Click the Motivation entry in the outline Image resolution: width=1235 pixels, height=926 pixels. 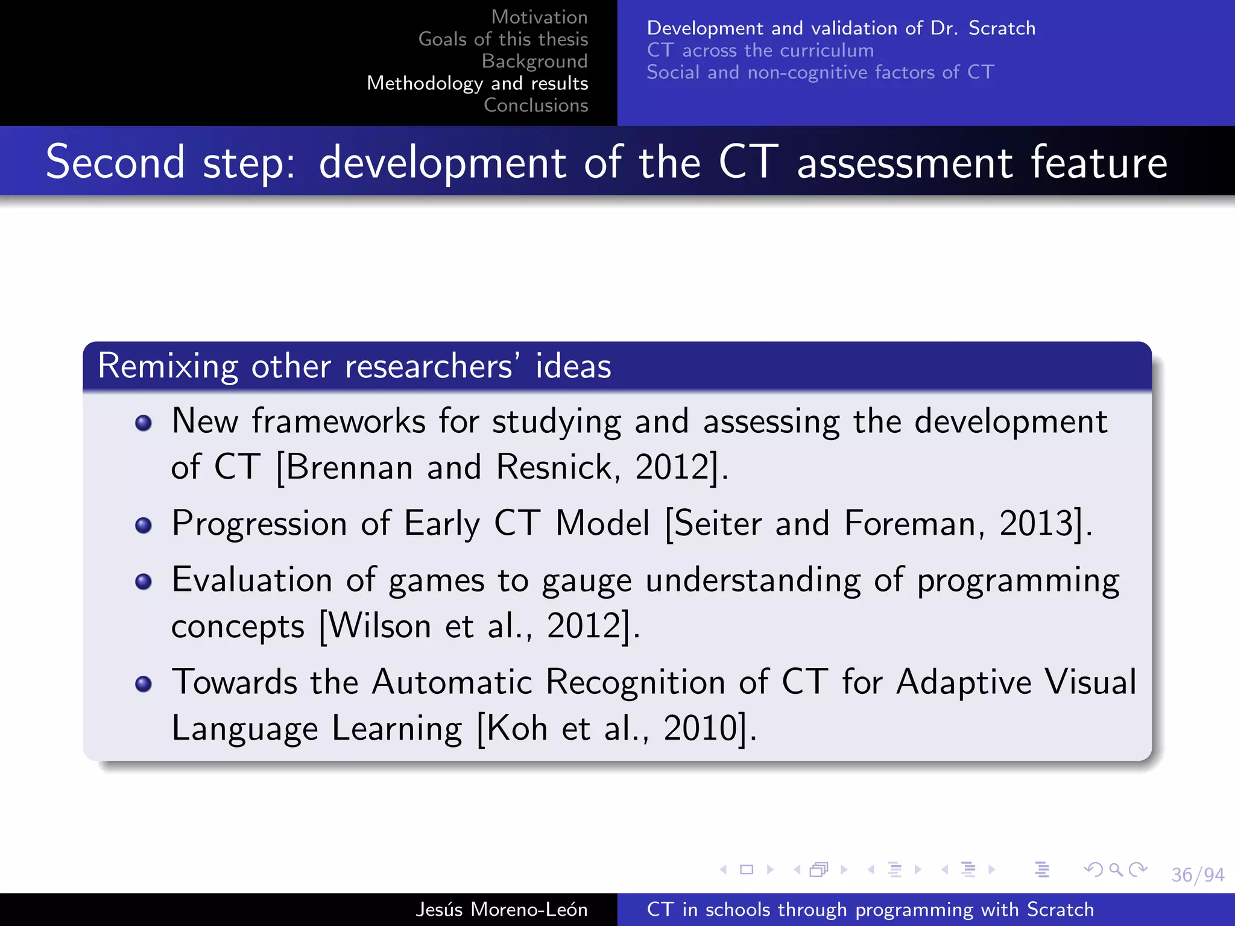click(539, 17)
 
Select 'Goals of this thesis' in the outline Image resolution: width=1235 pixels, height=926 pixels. click(503, 39)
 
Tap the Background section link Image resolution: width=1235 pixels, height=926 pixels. click(534, 61)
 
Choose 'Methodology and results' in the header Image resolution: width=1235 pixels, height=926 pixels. click(477, 83)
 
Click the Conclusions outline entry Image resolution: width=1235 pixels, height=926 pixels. click(535, 106)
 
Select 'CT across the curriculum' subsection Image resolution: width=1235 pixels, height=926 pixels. click(760, 50)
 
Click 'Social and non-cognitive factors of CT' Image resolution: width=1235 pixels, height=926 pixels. click(820, 72)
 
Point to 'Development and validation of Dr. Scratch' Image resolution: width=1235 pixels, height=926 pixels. click(841, 28)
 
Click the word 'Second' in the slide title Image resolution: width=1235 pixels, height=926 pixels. click(115, 162)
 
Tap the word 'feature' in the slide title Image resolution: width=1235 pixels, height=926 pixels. click(1099, 162)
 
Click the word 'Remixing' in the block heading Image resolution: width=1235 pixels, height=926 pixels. click(168, 367)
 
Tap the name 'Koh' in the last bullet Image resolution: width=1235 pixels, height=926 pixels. click(517, 728)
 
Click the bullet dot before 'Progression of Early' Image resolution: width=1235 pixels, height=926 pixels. click(144, 525)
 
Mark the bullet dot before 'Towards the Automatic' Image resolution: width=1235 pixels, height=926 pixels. click(144, 684)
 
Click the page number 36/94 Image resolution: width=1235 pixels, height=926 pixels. click(1197, 874)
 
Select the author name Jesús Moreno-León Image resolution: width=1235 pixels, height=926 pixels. click(501, 909)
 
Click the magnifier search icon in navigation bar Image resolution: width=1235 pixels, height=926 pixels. click(1116, 869)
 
